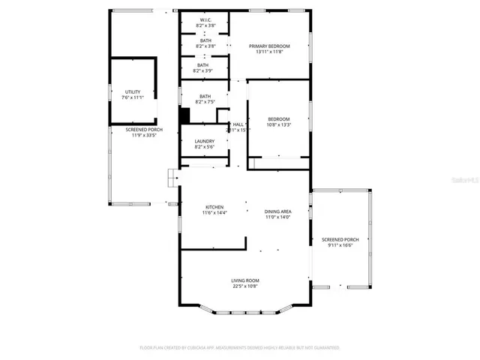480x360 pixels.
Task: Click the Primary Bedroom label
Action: [x=269, y=46]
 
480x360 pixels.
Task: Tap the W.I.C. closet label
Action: [x=205, y=20]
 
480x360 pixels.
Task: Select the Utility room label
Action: [x=132, y=91]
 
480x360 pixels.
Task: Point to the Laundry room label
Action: [x=205, y=141]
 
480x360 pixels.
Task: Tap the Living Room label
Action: [x=244, y=280]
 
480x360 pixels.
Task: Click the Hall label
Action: [x=238, y=124]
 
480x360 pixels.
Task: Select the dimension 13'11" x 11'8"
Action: [x=269, y=52]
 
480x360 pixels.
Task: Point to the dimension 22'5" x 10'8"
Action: [x=244, y=286]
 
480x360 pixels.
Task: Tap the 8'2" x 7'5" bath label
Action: [x=205, y=101]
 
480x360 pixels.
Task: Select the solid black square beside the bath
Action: [x=184, y=116]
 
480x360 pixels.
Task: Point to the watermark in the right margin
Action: [x=466, y=180]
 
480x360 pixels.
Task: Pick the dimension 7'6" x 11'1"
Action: [x=132, y=97]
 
